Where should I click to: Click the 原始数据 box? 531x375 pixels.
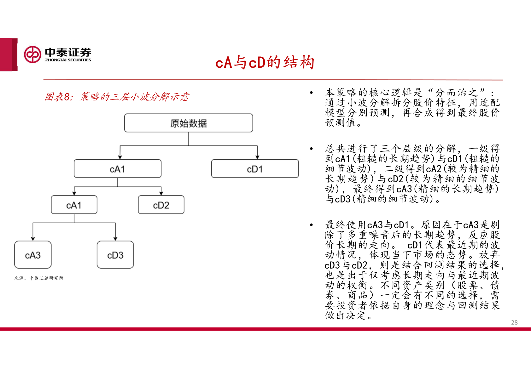click(x=189, y=123)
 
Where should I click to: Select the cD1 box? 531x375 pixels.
click(x=255, y=169)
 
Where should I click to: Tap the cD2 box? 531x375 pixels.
click(x=161, y=205)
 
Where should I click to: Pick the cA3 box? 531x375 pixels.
click(x=33, y=255)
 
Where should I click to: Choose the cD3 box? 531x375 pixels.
click(x=115, y=255)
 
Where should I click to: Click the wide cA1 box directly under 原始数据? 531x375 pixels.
click(x=118, y=169)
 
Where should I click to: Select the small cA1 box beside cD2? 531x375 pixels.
click(x=74, y=205)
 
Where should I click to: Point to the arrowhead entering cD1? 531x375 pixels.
click(x=257, y=157)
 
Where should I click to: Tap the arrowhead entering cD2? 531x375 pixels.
click(x=161, y=193)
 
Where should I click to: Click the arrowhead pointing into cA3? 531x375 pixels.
click(x=33, y=239)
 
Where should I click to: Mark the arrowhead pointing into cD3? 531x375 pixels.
click(x=115, y=239)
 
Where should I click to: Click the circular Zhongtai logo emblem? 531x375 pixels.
click(x=32, y=54)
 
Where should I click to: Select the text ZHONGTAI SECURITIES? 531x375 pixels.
click(x=68, y=60)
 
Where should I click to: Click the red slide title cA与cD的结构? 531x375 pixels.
click(x=265, y=62)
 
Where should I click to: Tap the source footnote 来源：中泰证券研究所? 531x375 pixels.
click(x=39, y=278)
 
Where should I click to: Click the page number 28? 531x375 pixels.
click(x=514, y=322)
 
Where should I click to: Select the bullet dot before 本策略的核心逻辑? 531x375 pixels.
click(x=311, y=93)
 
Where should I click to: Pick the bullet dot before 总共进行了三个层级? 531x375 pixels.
click(x=311, y=149)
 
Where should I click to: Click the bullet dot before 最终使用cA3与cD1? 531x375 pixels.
click(x=311, y=225)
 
